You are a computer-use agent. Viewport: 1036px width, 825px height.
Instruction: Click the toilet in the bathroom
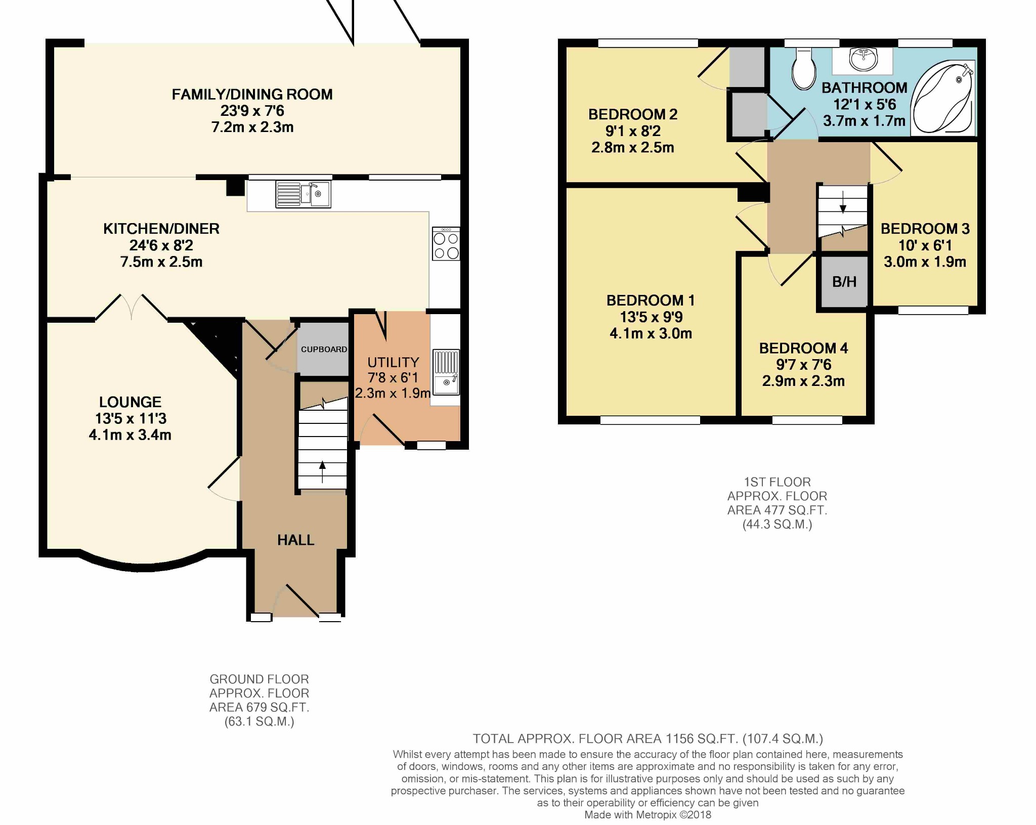pos(803,69)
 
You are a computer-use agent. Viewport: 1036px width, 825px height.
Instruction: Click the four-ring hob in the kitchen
pos(446,244)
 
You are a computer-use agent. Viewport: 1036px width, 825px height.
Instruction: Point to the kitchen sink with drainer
pos(303,194)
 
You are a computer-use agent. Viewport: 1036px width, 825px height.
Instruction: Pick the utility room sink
pos(446,372)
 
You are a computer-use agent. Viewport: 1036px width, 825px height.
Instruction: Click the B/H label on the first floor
pos(844,282)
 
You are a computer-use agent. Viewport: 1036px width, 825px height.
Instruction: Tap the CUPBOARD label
pos(324,350)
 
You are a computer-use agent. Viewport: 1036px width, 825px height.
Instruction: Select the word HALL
pos(296,540)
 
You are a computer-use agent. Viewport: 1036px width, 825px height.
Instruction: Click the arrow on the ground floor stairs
pos(322,472)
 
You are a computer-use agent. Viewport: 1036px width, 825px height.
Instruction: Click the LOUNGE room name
pos(131,402)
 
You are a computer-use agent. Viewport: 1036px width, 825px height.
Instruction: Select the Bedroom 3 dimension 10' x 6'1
pos(925,245)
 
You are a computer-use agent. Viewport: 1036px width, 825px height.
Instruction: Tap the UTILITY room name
pos(394,363)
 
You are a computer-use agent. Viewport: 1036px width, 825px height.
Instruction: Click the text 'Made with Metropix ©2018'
pos(647,815)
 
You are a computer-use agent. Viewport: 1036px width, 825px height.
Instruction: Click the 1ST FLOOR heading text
pos(777,482)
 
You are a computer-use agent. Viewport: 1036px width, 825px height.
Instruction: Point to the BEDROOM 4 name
pos(803,348)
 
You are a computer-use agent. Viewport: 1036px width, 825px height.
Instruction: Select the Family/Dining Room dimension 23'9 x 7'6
pos(252,111)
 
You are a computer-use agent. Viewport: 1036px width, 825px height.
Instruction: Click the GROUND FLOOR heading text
pos(259,679)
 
